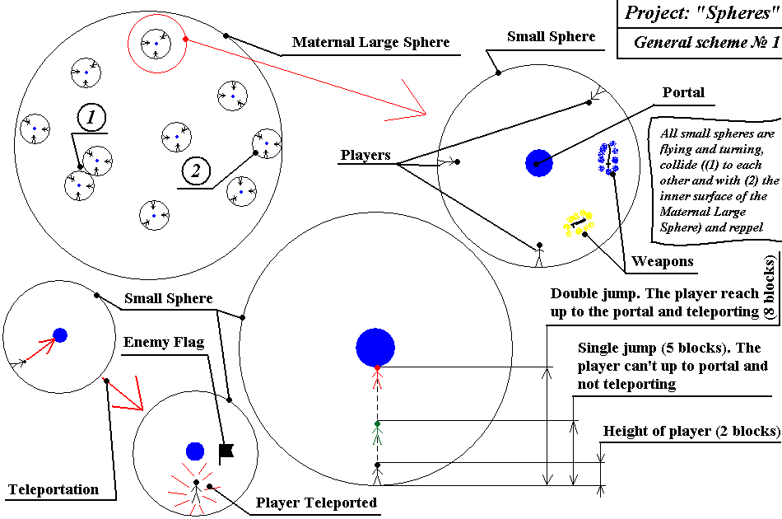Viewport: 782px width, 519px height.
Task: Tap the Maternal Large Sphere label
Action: point(370,42)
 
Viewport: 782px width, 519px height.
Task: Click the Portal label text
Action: point(683,92)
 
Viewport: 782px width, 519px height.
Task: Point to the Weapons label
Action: point(663,262)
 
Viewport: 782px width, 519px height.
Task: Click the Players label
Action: point(365,156)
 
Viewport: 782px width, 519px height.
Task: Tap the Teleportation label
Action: point(54,490)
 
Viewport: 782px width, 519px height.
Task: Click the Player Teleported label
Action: point(316,503)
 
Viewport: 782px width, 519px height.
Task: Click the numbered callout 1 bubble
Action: point(91,119)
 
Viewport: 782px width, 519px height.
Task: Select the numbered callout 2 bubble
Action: point(195,171)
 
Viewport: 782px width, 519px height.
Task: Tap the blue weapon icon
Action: point(608,158)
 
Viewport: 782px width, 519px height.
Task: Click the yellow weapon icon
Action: point(578,222)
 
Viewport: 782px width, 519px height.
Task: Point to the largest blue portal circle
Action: point(376,347)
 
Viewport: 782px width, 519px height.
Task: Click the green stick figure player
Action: point(377,434)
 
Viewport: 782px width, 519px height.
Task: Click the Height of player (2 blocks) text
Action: point(691,431)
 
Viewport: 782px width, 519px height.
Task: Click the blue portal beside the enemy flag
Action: point(195,451)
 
